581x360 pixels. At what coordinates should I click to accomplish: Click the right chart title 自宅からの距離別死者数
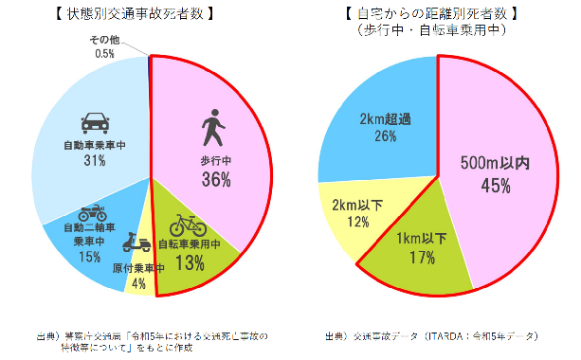coord(435,14)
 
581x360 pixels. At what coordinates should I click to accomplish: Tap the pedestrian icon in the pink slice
coord(215,126)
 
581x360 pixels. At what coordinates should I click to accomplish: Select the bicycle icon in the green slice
coord(188,225)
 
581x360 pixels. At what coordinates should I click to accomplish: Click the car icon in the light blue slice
coord(94,123)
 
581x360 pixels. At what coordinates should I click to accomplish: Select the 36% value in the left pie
coord(216,178)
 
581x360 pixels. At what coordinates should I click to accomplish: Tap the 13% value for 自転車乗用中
coord(190,263)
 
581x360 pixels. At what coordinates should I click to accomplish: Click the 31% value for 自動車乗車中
coord(94,161)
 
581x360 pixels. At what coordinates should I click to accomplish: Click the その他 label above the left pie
coord(105,40)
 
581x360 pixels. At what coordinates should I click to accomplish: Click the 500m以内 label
coord(495,163)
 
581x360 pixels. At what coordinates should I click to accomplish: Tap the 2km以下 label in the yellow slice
coord(357,204)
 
